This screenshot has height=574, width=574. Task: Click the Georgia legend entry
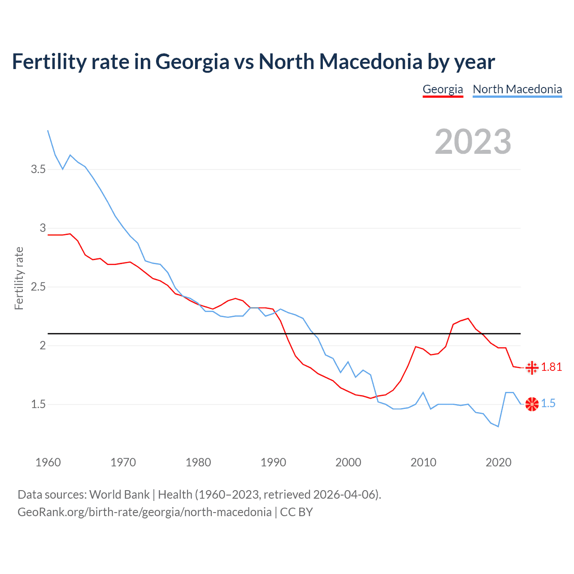tap(443, 89)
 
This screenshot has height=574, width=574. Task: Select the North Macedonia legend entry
tap(517, 89)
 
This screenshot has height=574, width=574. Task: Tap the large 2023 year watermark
tap(473, 142)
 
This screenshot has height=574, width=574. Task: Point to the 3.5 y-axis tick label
tap(38, 170)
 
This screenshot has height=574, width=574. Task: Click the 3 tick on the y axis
tap(43, 228)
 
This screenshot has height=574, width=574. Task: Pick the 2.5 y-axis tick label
tap(38, 287)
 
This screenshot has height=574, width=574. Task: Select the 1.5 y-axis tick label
tap(38, 404)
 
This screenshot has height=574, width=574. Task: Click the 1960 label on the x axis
tap(48, 462)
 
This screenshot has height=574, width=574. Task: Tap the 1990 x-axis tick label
tap(273, 462)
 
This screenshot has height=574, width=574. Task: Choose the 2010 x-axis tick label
tap(423, 462)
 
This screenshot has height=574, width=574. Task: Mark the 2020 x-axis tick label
tap(498, 462)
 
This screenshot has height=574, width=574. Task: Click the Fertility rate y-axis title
tap(19, 278)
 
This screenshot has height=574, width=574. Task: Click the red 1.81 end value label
tap(551, 367)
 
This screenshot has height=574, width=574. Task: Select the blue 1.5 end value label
tap(548, 404)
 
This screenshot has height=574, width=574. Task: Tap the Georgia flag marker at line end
tap(532, 368)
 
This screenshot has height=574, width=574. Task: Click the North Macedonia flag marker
tap(532, 404)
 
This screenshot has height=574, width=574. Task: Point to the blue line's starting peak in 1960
tap(48, 130)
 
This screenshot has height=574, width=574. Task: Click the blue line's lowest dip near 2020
tap(498, 426)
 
